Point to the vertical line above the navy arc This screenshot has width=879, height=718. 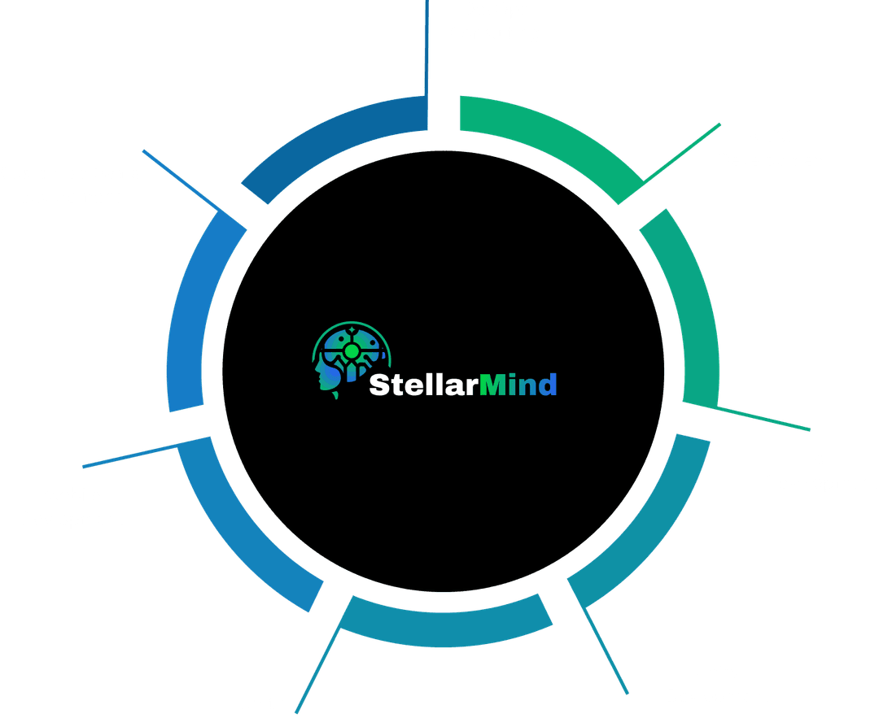(x=426, y=48)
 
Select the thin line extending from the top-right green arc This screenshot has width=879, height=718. (x=682, y=152)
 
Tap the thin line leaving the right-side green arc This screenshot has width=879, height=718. (x=763, y=418)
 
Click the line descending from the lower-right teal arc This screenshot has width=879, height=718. (x=606, y=651)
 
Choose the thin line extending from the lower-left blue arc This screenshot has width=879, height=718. (x=130, y=456)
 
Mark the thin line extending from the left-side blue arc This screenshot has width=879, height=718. (x=181, y=181)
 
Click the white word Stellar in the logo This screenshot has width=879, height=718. (x=424, y=385)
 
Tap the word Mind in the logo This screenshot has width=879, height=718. (x=518, y=385)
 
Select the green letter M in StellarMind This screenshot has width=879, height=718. (x=492, y=385)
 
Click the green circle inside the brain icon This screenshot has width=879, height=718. (x=352, y=351)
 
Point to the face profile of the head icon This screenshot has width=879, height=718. (x=322, y=372)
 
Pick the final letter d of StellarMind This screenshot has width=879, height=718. (x=548, y=385)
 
